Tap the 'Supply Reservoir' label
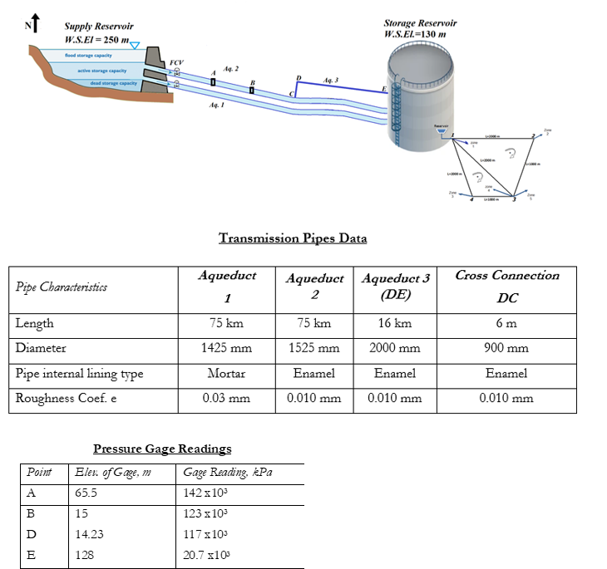(x=98, y=27)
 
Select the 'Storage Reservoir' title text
(x=419, y=23)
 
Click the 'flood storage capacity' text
(x=88, y=55)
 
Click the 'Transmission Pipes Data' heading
(x=292, y=238)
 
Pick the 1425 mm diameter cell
(x=227, y=349)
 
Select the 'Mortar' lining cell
(x=227, y=374)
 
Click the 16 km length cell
(x=394, y=324)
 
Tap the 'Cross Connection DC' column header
(x=507, y=287)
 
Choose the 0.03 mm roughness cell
(x=227, y=399)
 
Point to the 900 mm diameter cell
(x=507, y=349)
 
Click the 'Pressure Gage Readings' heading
(x=162, y=449)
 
